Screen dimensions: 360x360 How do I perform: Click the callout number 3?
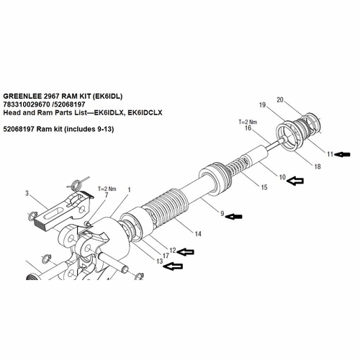coord(27,194)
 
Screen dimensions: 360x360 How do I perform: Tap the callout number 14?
coord(197,233)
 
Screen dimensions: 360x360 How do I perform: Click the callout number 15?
coord(265,187)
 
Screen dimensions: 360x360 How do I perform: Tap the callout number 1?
coord(129,190)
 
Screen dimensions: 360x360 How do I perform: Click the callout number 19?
coord(264,106)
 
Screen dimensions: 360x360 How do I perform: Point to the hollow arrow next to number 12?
coord(186,251)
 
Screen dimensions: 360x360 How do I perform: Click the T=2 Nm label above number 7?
coord(106,187)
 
